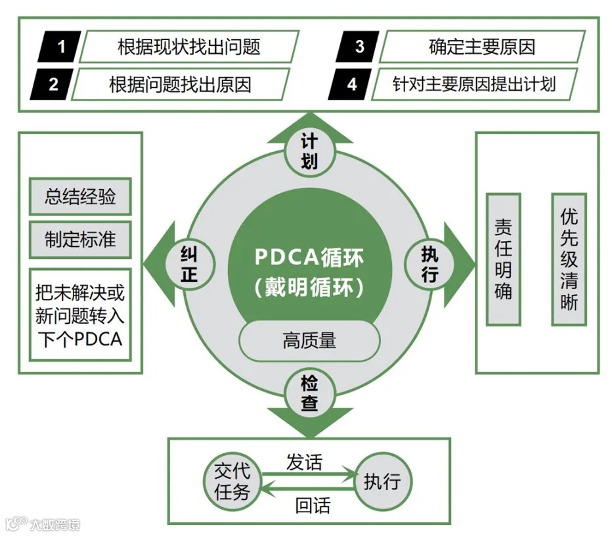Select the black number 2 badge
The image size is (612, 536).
[52, 84]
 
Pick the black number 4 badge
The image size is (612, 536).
[351, 84]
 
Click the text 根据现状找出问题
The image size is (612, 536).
[188, 47]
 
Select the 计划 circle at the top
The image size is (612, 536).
[309, 150]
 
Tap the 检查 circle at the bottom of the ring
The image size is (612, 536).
[309, 393]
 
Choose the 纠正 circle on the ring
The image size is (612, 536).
[190, 264]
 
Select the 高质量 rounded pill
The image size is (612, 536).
[309, 340]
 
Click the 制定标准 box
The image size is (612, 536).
[80, 238]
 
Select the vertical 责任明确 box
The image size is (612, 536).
[503, 259]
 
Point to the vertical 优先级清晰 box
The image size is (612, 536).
[569, 259]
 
